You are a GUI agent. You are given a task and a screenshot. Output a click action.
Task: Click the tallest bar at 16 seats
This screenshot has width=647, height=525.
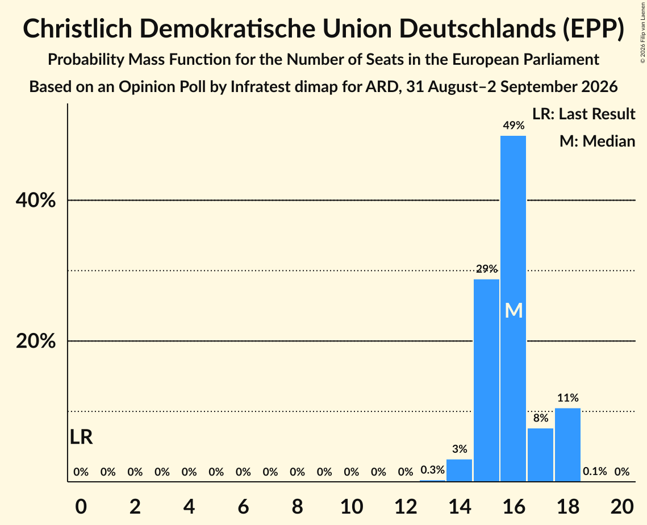coord(514,309)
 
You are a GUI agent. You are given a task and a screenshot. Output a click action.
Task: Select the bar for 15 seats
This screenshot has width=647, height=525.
coord(486,380)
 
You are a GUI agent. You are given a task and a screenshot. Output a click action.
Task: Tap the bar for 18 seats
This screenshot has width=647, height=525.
coord(568,444)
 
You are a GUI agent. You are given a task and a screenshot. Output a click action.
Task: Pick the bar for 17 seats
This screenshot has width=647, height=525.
coord(541,455)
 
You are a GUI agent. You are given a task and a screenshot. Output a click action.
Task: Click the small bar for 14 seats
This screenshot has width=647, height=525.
coord(459,470)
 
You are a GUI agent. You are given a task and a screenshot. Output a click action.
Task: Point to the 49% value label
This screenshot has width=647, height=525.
coord(514,126)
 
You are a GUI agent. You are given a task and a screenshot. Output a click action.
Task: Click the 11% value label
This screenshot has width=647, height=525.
coord(568,398)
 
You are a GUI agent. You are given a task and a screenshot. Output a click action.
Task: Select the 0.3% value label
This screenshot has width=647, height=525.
coord(432,470)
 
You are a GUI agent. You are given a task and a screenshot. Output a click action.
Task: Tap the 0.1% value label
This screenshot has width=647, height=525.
coord(595,472)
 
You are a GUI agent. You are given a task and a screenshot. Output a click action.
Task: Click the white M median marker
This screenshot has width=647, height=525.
coord(514,310)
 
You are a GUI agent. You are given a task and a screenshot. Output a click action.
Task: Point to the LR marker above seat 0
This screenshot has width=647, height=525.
coord(81,437)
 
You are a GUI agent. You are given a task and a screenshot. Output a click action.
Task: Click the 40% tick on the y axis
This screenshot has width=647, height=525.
coord(36,201)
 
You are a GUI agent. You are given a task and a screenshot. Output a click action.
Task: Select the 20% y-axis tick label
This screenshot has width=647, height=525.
coord(36,341)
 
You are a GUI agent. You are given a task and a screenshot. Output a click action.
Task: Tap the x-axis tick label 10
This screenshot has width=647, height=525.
coord(352,506)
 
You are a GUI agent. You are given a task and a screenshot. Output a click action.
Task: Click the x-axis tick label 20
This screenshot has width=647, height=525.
coord(622,506)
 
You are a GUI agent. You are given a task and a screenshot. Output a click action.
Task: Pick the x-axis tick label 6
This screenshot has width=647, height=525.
coord(244,506)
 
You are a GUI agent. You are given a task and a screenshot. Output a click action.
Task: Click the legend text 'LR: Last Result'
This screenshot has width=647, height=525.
coord(583,114)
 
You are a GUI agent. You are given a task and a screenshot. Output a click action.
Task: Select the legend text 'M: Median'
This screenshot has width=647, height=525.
coord(598,141)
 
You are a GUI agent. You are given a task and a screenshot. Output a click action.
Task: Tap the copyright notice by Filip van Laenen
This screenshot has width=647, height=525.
coord(643,33)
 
